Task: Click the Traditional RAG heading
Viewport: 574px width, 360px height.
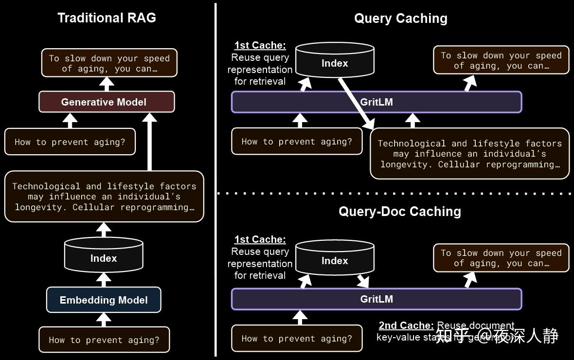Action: pos(107,18)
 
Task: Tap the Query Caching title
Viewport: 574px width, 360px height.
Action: pos(400,18)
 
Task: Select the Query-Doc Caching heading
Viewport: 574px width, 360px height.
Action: pos(399,211)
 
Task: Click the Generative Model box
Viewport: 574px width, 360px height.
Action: pos(107,102)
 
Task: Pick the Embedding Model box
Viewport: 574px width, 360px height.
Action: pos(104,300)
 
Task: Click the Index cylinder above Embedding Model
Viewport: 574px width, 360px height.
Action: pos(104,256)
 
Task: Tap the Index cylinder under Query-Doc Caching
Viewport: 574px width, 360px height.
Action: pos(335,259)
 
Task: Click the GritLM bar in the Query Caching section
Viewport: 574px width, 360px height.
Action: pos(376,102)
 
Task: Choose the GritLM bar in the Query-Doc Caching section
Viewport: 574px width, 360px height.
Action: pos(376,299)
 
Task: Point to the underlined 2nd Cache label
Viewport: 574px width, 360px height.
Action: pos(406,325)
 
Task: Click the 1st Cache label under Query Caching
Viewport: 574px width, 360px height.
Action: pos(260,45)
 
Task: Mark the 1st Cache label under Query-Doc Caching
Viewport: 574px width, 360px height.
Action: pos(260,239)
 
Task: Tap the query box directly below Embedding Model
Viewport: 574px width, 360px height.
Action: pos(104,340)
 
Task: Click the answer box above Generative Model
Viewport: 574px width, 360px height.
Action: pos(109,63)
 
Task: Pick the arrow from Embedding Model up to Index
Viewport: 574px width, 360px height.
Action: pos(104,279)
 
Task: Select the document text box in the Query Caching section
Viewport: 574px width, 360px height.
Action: pos(469,154)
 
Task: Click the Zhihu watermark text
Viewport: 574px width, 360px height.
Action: pos(496,335)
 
